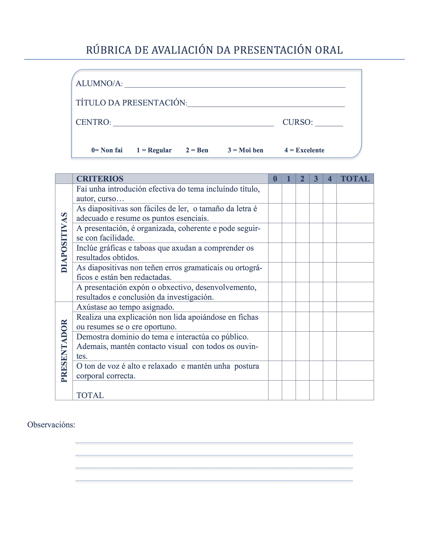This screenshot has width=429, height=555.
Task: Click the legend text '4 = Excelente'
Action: tap(304, 150)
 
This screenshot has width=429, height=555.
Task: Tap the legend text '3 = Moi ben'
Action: tap(245, 150)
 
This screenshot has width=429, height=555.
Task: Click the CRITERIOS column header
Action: tap(100, 179)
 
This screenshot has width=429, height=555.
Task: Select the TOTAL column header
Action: tap(355, 179)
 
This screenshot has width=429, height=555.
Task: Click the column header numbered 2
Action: tap(302, 179)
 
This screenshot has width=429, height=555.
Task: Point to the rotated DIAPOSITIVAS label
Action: tap(64, 243)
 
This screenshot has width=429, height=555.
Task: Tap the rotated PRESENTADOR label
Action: tap(64, 351)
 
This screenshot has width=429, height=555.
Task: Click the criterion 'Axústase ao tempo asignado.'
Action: tap(125, 307)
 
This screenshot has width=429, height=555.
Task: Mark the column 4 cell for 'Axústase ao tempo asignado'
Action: tap(330, 307)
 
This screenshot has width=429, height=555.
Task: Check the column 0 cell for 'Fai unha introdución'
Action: tap(275, 193)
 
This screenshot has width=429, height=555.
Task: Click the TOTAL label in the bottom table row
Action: tap(90, 395)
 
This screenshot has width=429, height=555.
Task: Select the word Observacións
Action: tap(51, 425)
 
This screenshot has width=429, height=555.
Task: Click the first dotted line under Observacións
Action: tap(214, 443)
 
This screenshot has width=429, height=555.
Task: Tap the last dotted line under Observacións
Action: tap(214, 480)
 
